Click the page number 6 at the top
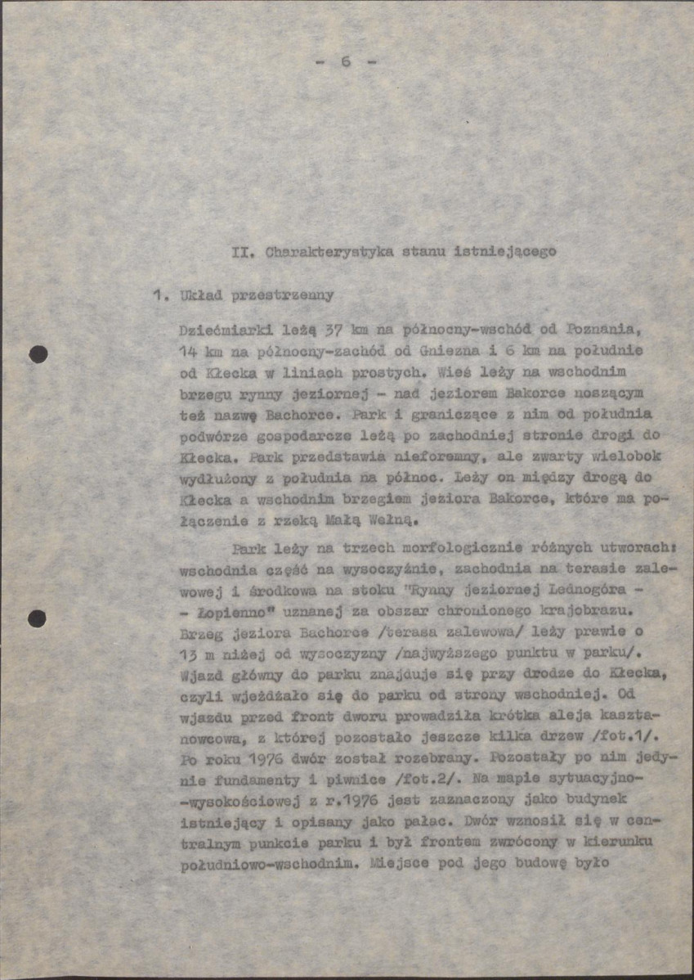tap(346, 61)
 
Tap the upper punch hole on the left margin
tap(38, 354)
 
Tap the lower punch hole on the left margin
tap(37, 618)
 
